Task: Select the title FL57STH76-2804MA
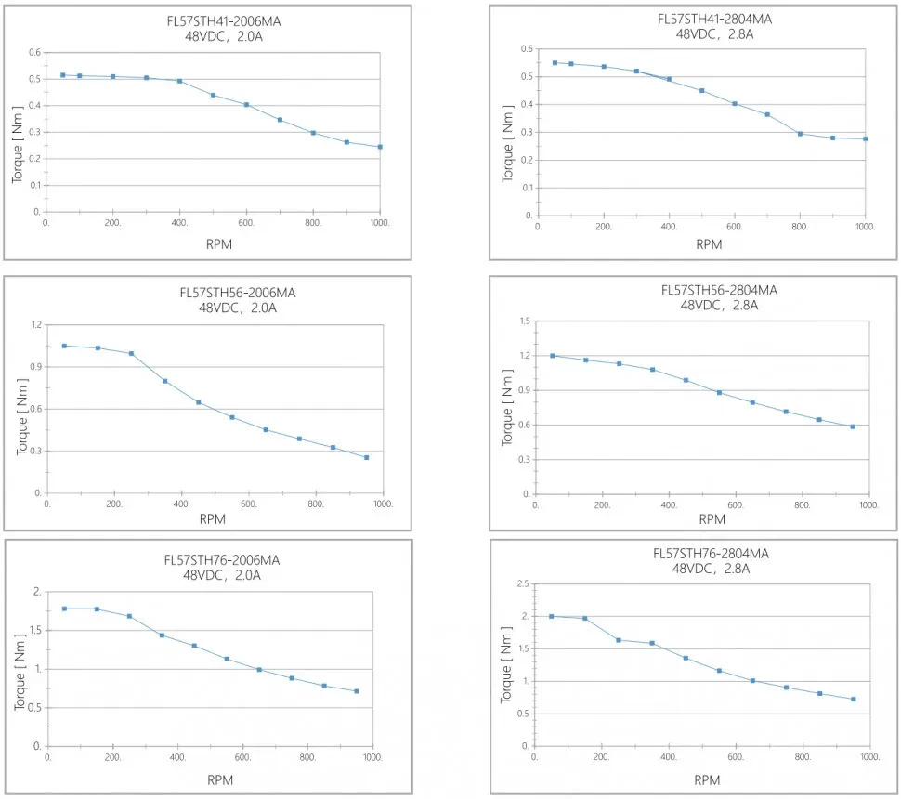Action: [x=711, y=554]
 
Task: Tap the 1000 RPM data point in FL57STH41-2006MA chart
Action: [x=380, y=147]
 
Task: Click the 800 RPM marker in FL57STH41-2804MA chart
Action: [x=800, y=134]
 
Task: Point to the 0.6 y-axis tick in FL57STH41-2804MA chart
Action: [x=527, y=48]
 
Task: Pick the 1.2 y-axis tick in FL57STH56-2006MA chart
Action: [x=37, y=324]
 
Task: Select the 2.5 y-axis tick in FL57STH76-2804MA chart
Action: [x=523, y=583]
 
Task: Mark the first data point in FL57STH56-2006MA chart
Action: [x=64, y=346]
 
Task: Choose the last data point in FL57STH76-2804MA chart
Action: [x=853, y=699]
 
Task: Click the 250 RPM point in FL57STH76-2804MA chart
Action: [x=619, y=640]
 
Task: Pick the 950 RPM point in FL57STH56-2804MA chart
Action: [x=852, y=426]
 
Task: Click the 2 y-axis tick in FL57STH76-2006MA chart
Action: [x=36, y=592]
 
